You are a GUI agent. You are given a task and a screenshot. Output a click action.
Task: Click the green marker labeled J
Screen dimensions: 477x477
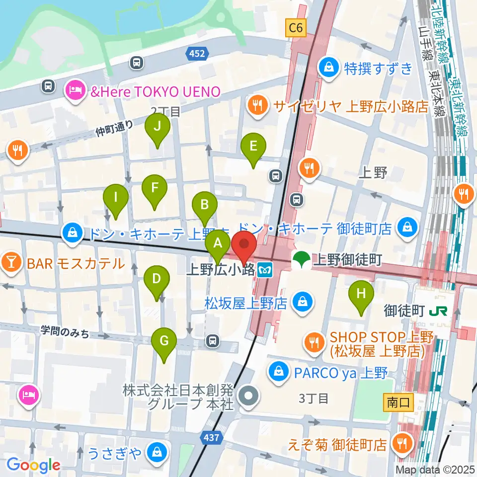coord(157,127)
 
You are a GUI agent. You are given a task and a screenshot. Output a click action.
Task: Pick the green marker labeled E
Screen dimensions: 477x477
coord(253,147)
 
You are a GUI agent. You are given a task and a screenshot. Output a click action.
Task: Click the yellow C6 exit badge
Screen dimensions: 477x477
coord(295,28)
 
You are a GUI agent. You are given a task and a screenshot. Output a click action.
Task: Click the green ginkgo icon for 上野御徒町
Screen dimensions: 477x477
coord(301,259)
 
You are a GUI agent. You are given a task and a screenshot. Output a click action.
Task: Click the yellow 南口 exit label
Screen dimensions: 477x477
coord(399,402)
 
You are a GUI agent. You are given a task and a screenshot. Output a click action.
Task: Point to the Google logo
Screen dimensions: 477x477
coord(33,465)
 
